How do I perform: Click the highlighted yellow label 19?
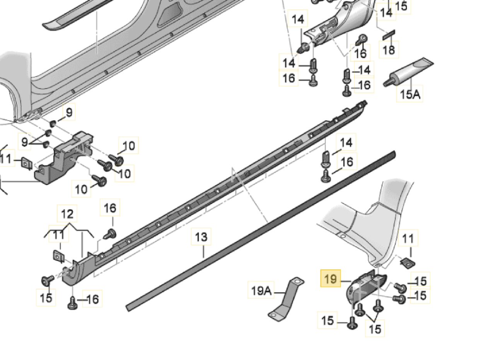(331, 278)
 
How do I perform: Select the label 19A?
(261, 290)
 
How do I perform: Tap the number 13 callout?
(201, 237)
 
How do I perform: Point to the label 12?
(67, 214)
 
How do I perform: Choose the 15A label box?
(410, 94)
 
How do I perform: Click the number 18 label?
(389, 50)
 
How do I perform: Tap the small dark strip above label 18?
(388, 35)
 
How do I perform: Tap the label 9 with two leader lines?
(25, 142)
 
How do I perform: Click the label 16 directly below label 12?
(110, 208)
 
